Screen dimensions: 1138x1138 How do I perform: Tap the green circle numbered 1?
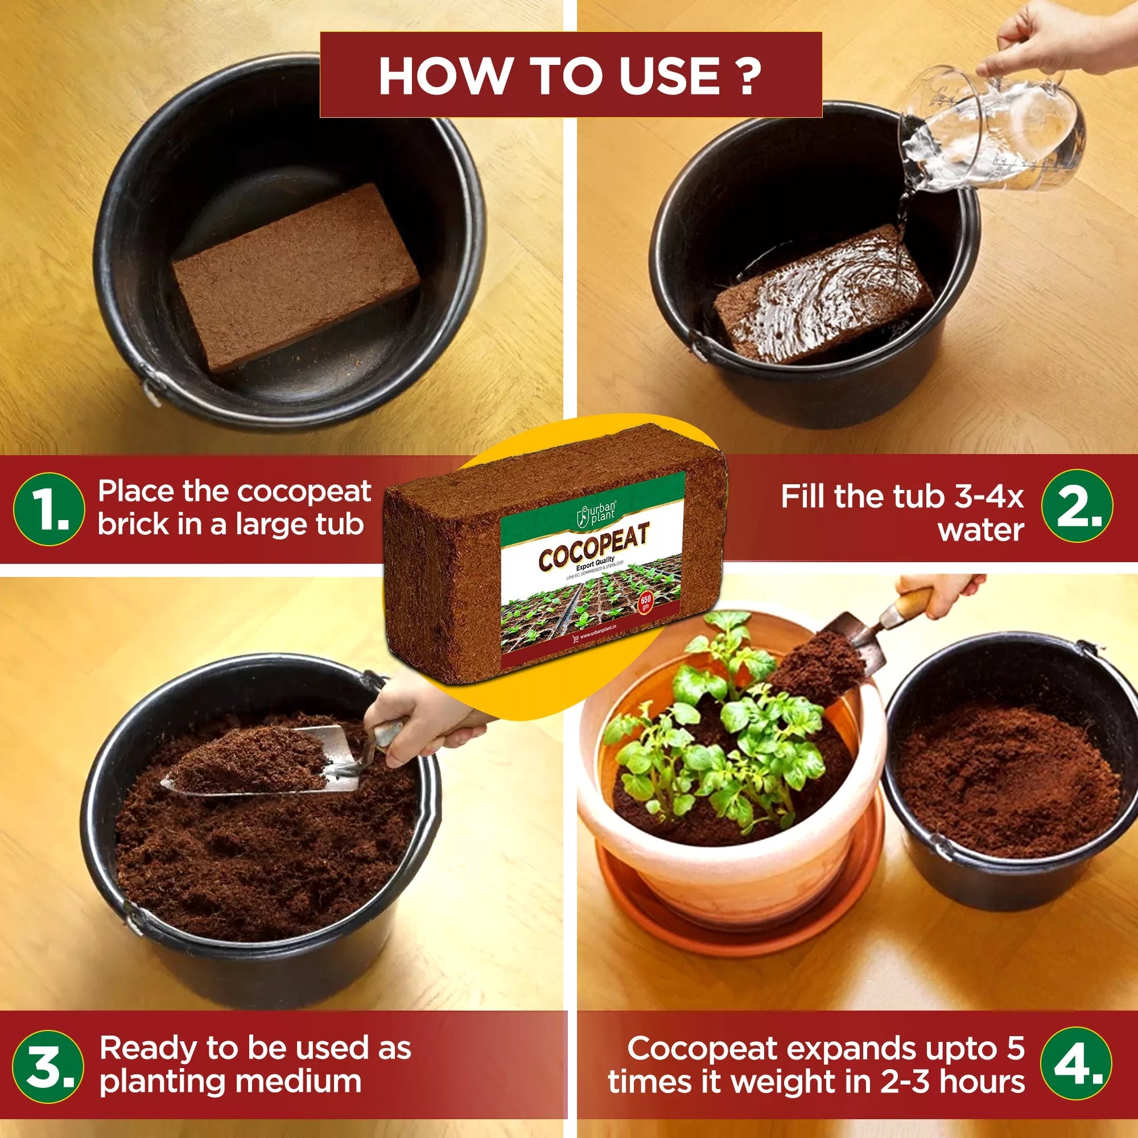(49, 509)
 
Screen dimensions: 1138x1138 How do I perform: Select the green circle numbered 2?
(1077, 505)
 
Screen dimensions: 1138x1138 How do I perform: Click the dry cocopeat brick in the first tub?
(295, 277)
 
